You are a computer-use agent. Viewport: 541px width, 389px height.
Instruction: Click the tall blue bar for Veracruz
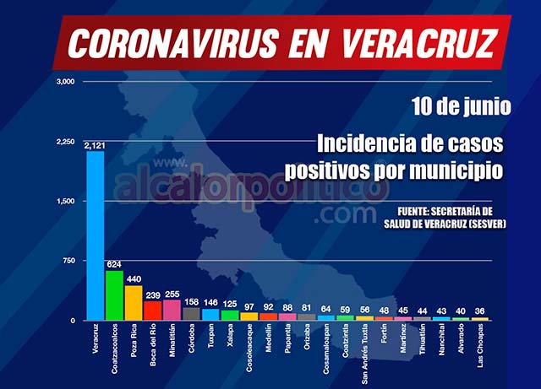95,236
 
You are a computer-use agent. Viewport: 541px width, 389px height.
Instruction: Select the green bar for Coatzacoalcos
114,295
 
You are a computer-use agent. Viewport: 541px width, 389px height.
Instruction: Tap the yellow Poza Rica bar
134,303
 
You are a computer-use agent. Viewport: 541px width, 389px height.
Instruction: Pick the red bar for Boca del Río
153,311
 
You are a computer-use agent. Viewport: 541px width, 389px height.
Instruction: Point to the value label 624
114,264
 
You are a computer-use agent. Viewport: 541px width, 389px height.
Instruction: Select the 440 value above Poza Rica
134,278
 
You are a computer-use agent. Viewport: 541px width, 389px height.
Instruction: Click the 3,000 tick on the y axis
66,82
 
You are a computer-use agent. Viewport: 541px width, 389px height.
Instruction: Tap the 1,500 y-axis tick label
66,201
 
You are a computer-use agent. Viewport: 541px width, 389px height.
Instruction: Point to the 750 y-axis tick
68,261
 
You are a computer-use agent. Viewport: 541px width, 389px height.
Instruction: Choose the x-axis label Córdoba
192,341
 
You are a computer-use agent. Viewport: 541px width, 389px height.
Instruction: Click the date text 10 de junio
462,107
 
